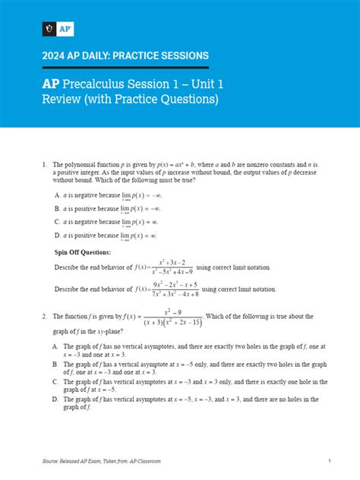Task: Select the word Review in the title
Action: tap(63, 99)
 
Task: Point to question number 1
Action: tap(46, 164)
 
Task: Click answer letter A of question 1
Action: tap(58, 195)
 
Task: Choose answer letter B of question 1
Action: tap(58, 208)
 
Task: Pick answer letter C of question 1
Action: tap(58, 222)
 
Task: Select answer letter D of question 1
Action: tap(58, 235)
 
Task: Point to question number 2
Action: tap(46, 316)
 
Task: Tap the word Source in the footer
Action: tap(52, 461)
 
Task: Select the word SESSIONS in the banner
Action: tap(182, 55)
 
